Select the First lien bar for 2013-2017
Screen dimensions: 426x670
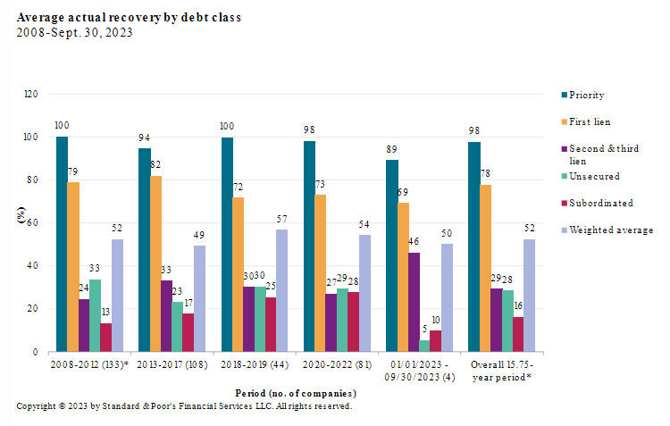pos(155,263)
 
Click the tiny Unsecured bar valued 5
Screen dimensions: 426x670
pos(424,346)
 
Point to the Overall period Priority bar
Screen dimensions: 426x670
pos(473,246)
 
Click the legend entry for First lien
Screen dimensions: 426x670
pos(589,121)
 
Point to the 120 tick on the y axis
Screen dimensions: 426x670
pos(30,94)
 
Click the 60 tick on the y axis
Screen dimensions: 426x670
pos(33,223)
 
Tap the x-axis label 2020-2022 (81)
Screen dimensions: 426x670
pos(338,364)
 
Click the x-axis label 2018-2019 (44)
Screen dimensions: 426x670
pos(255,364)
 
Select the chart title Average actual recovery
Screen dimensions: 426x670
pos(129,17)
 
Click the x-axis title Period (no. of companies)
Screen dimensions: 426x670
pos(296,393)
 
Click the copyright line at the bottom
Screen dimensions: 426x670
pos(184,406)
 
